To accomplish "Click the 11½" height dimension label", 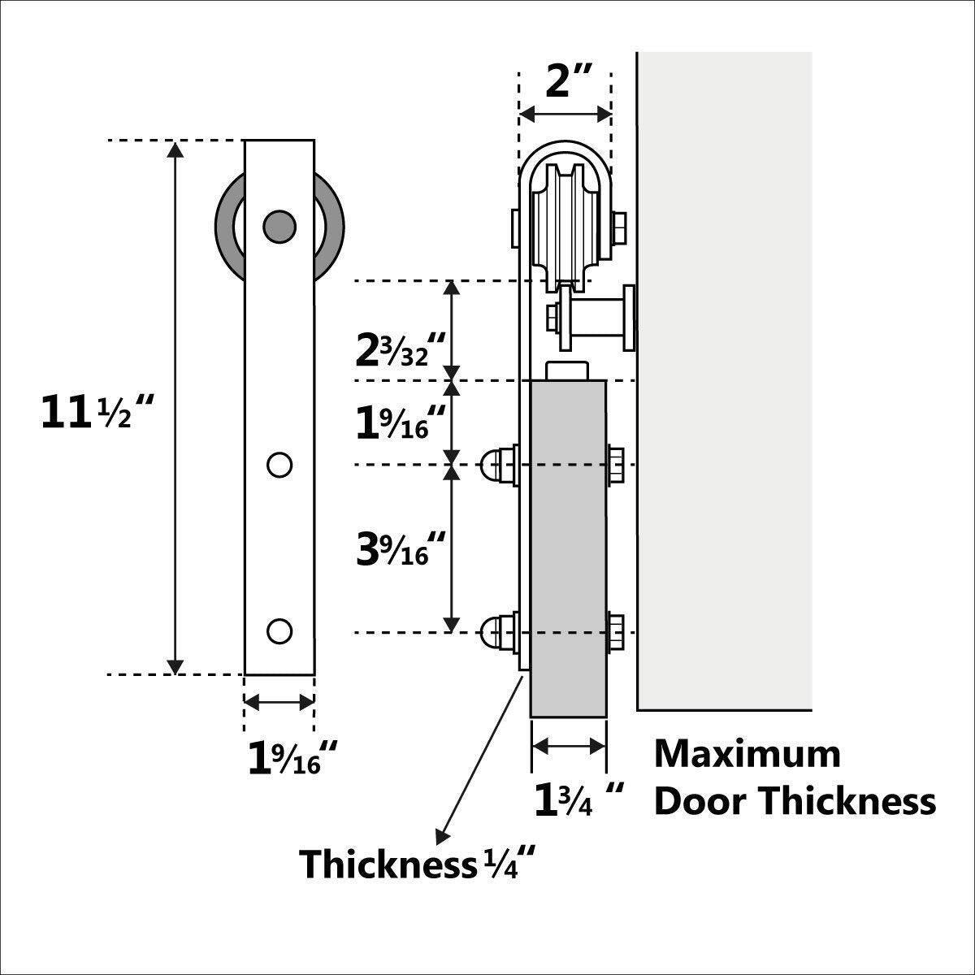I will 97,413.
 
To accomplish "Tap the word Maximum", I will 747,754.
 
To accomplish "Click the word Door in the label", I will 701,801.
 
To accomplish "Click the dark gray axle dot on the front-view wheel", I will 279,225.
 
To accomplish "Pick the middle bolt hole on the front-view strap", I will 279,465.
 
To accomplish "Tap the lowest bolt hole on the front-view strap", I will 279,630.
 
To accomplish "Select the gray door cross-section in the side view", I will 568,548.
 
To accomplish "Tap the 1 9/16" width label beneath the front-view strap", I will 292,758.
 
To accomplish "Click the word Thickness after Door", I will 847,801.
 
